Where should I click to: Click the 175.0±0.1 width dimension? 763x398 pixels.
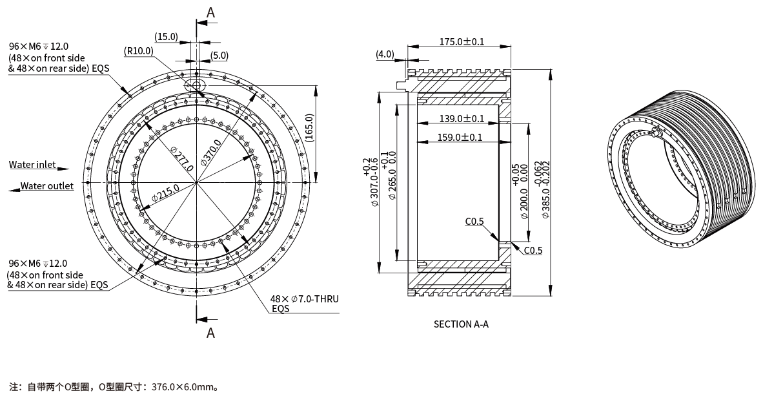tap(462, 42)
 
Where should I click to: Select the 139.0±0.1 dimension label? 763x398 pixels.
tap(462, 118)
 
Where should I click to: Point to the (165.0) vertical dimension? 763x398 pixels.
tap(309, 128)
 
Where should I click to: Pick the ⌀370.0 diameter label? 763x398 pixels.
tap(211, 153)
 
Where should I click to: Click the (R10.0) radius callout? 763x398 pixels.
tap(139, 51)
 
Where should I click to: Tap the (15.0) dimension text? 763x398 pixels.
tap(167, 36)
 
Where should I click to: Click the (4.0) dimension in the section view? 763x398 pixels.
tap(385, 54)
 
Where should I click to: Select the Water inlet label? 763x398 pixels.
tap(32, 165)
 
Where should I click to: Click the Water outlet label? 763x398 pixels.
tap(46, 186)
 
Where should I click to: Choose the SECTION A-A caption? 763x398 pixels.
tap(461, 324)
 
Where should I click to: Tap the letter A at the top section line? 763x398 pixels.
tap(210, 12)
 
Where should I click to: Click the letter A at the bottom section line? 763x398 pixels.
tap(210, 333)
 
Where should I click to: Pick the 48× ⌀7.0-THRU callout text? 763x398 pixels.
tap(305, 299)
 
